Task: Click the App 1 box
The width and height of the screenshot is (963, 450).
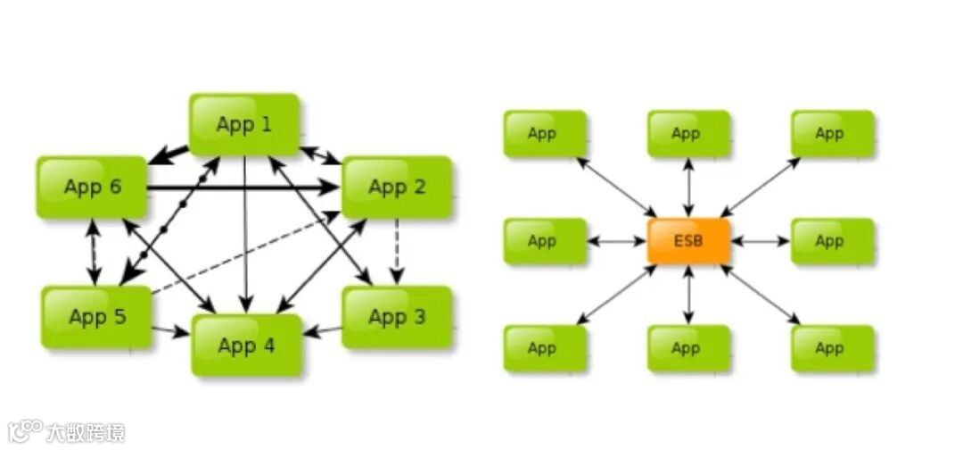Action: pyautogui.click(x=243, y=124)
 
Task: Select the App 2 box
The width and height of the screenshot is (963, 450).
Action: pyautogui.click(x=397, y=187)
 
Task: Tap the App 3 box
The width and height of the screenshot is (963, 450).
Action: pyautogui.click(x=397, y=317)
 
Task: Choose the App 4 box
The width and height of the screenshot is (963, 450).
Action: pyautogui.click(x=246, y=345)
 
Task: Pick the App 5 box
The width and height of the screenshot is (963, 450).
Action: pyautogui.click(x=96, y=317)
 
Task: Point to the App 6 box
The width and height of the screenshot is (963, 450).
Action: pyautogui.click(x=92, y=187)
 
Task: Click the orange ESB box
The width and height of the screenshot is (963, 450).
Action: pyautogui.click(x=688, y=241)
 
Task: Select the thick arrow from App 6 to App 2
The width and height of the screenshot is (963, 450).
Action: pyautogui.click(x=241, y=188)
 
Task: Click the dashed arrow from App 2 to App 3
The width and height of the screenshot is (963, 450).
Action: pyautogui.click(x=397, y=252)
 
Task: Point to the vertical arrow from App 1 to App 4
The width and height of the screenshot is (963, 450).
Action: pyautogui.click(x=244, y=232)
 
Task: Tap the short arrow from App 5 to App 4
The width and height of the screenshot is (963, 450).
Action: pyautogui.click(x=170, y=331)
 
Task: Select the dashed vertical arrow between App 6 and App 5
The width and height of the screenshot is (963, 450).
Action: pyautogui.click(x=92, y=252)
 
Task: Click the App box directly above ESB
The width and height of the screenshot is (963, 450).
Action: pyautogui.click(x=688, y=134)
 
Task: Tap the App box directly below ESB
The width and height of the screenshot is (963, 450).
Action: pyautogui.click(x=688, y=348)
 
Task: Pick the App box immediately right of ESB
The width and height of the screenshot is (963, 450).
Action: pyautogui.click(x=832, y=241)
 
